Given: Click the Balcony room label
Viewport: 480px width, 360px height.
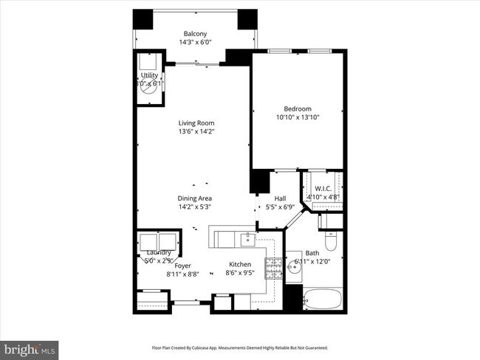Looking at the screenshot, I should [x=195, y=33].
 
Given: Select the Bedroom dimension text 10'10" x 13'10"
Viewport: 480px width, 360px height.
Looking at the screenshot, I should [x=298, y=117].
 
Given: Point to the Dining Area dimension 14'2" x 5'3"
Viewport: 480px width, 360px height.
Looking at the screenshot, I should [x=195, y=207].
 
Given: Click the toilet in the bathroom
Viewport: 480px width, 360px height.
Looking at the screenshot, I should [x=331, y=241].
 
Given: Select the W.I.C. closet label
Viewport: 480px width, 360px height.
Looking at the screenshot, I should [x=321, y=189].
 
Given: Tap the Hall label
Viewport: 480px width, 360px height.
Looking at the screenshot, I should [x=280, y=198].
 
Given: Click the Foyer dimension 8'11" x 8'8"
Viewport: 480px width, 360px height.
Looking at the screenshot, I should [x=182, y=274].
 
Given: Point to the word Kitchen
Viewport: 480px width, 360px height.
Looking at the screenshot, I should [x=239, y=264].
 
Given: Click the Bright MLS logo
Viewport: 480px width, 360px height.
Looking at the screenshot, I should [x=30, y=347].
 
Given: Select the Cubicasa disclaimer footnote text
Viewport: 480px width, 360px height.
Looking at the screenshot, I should [x=239, y=347].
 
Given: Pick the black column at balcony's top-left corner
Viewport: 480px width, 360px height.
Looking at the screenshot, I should [x=143, y=20].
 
